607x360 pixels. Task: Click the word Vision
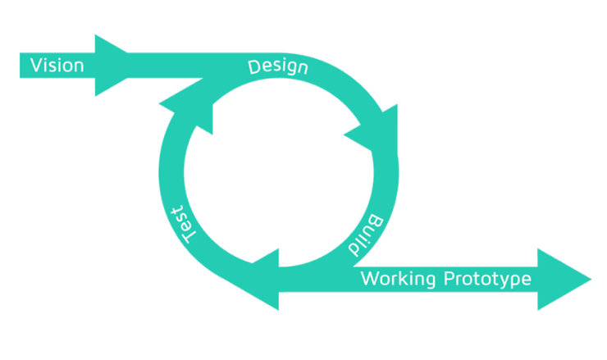(x=57, y=65)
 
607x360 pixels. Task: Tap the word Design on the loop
(x=278, y=66)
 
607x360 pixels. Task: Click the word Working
(x=399, y=280)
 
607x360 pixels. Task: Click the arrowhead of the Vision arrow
(x=112, y=65)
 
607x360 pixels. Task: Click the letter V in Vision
(x=35, y=65)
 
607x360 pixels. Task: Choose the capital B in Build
(x=376, y=220)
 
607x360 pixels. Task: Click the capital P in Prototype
(x=449, y=279)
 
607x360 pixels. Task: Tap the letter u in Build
(x=370, y=230)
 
